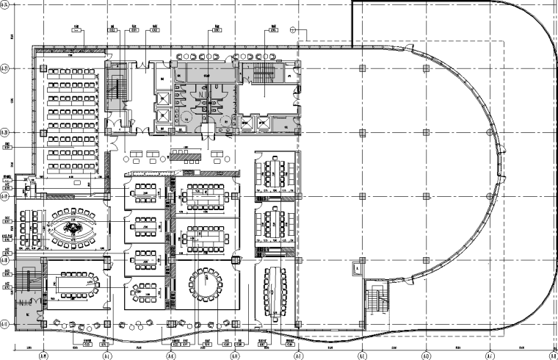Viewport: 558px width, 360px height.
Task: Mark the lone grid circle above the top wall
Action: click(x=293, y=30)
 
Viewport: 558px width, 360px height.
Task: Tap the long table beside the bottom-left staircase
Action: click(x=75, y=283)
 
